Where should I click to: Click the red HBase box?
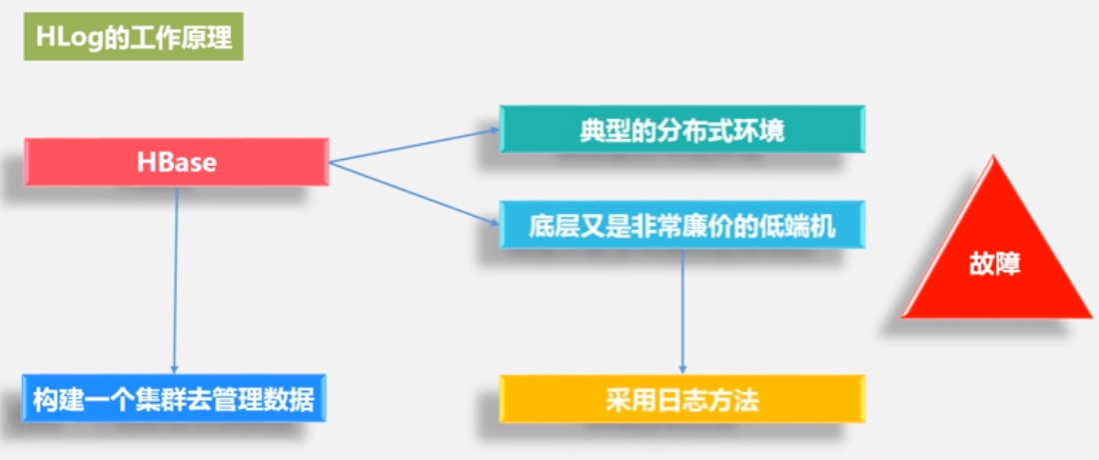coord(176,162)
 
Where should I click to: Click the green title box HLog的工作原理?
coord(133,39)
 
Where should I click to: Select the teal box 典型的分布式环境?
coord(681,129)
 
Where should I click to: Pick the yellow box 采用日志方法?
coord(681,400)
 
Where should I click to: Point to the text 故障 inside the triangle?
coord(995,266)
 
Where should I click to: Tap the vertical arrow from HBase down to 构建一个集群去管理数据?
coord(176,280)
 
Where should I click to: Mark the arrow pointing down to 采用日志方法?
coord(682,310)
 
